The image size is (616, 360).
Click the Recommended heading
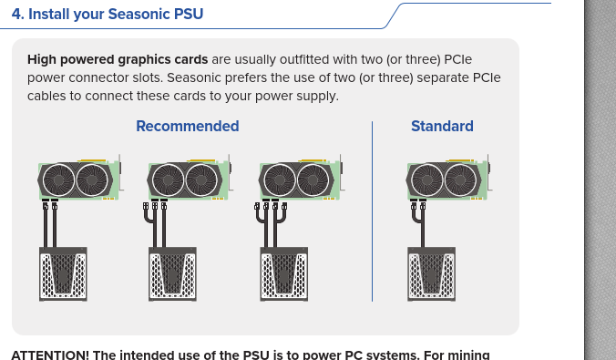click(188, 126)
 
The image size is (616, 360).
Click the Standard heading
click(442, 126)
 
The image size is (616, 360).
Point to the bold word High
click(42, 60)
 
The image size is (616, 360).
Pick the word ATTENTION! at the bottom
click(50, 355)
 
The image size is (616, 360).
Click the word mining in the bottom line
click(469, 355)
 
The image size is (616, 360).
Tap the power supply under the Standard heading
click(431, 274)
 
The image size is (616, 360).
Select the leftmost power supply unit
click(63, 274)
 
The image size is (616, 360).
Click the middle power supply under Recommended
click(172, 274)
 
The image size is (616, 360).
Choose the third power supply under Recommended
click(284, 274)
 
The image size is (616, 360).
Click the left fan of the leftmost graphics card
click(58, 180)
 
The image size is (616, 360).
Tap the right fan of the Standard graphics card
click(460, 180)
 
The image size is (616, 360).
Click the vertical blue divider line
click(372, 211)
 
